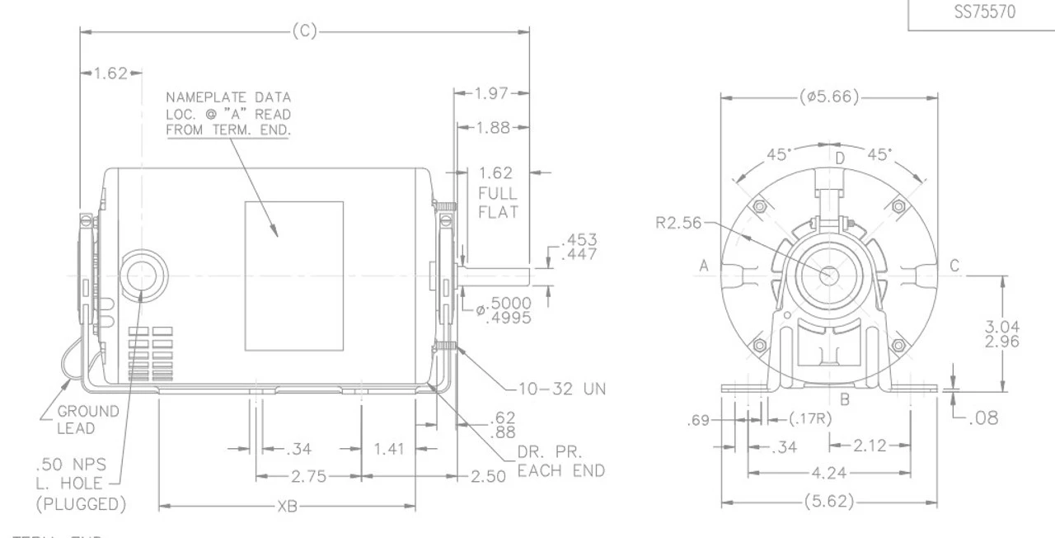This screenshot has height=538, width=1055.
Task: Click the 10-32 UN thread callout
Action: point(562,389)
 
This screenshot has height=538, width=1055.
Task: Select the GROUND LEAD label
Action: point(88,419)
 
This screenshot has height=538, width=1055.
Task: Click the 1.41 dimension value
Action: point(389,450)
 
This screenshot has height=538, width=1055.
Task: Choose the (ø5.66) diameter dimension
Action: point(829,97)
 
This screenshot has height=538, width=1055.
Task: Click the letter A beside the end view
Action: point(705,266)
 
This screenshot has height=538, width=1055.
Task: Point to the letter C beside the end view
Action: point(954,266)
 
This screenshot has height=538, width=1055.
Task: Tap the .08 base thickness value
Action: point(982,418)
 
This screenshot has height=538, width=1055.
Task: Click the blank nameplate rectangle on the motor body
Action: point(293,275)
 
